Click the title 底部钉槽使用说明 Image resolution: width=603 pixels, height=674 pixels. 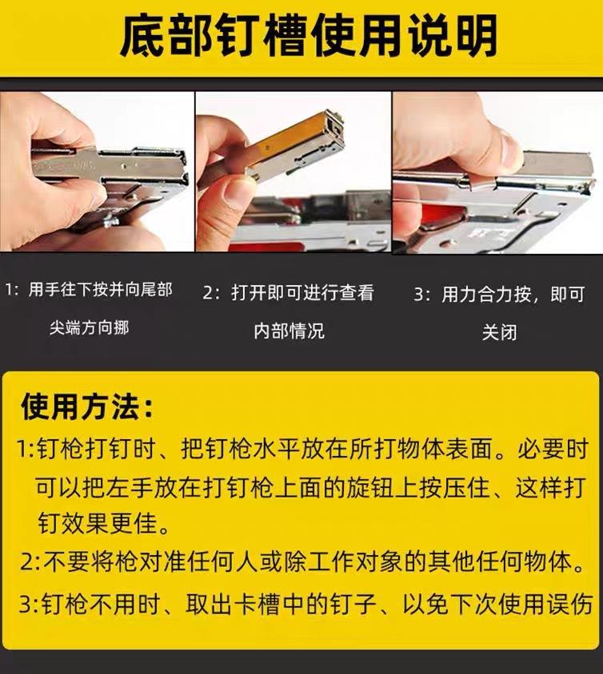[308, 37]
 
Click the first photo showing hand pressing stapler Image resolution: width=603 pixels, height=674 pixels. [97, 172]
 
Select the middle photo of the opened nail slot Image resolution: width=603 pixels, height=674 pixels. [293, 172]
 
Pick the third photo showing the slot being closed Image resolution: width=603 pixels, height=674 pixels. [497, 172]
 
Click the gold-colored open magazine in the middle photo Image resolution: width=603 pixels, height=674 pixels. [280, 151]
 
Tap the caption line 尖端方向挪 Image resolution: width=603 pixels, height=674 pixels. [89, 327]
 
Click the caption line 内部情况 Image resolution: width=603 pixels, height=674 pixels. [289, 331]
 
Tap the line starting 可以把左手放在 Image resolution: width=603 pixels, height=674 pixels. [312, 486]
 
